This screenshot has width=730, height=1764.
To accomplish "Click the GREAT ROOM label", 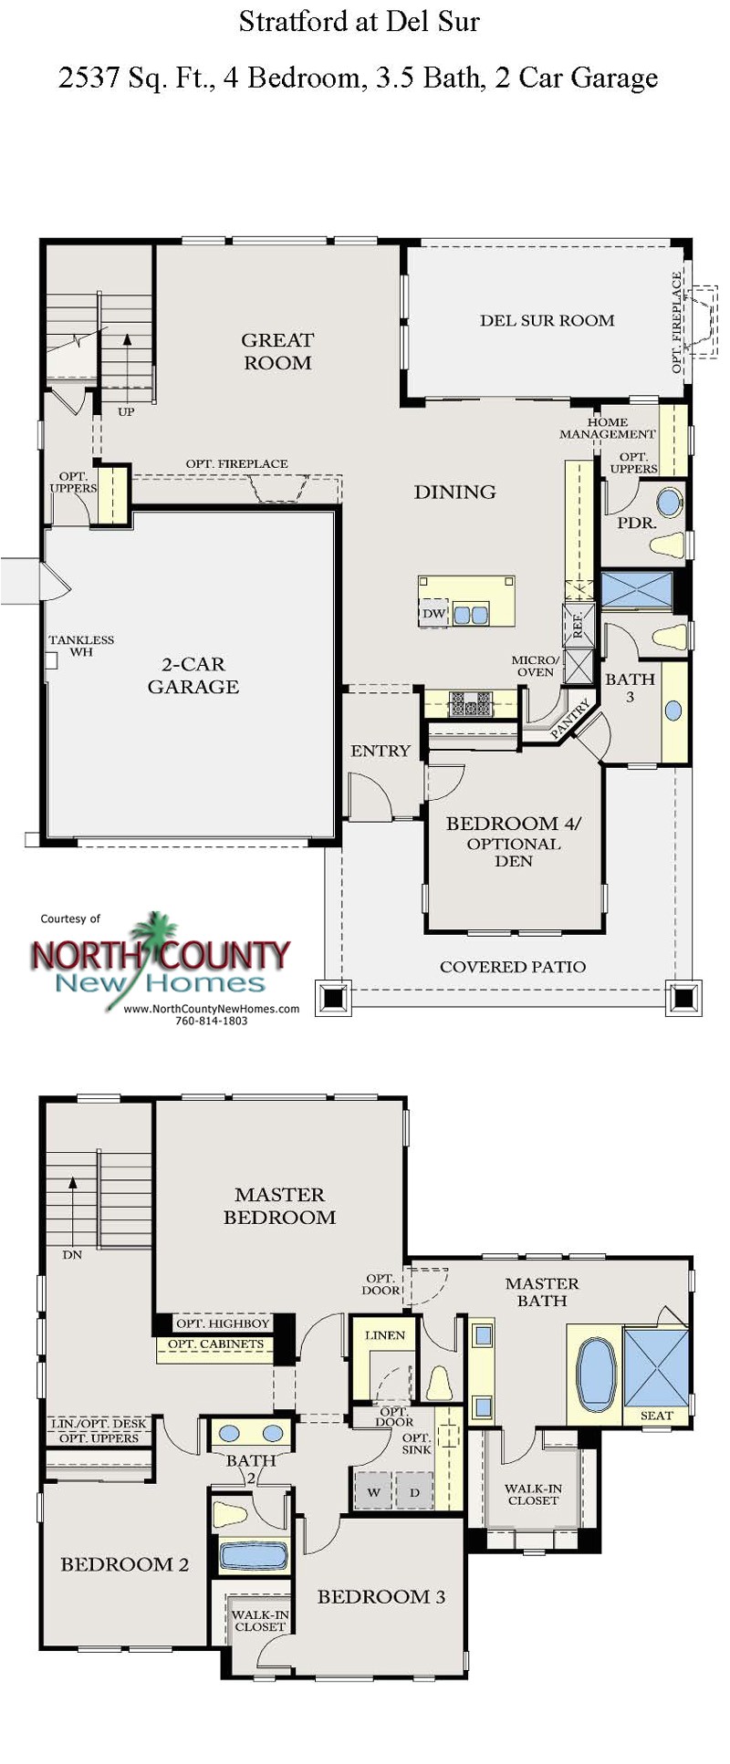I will pyautogui.click(x=277, y=351).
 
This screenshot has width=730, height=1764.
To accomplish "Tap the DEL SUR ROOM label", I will pyautogui.click(x=547, y=320).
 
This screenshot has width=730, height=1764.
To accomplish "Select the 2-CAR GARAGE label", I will pyautogui.click(x=193, y=675).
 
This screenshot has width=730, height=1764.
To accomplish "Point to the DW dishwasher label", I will pyautogui.click(x=433, y=614).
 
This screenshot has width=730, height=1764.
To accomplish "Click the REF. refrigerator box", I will pyautogui.click(x=578, y=625).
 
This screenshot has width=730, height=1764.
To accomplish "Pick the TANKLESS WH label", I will pyautogui.click(x=81, y=646).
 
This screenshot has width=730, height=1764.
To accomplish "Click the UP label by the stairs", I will pyautogui.click(x=126, y=411).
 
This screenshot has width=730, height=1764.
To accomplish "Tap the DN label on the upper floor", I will pyautogui.click(x=72, y=1255).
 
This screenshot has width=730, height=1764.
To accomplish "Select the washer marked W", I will pyautogui.click(x=373, y=1492).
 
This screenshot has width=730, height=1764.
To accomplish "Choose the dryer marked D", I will pyautogui.click(x=414, y=1492).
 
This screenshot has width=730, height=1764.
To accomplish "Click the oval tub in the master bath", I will pyautogui.click(x=597, y=1374).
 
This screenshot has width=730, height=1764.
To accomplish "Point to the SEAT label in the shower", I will pyautogui.click(x=656, y=1416).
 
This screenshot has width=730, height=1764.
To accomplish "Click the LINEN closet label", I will pyautogui.click(x=384, y=1335).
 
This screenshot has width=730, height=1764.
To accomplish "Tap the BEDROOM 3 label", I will pyautogui.click(x=381, y=1596).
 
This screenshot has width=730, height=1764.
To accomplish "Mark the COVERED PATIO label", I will pyautogui.click(x=513, y=967).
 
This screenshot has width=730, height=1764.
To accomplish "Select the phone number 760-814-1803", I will pyautogui.click(x=211, y=1021).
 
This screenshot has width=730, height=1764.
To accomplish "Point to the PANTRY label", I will pyautogui.click(x=570, y=719).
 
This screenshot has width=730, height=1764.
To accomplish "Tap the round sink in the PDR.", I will pyautogui.click(x=670, y=503).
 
